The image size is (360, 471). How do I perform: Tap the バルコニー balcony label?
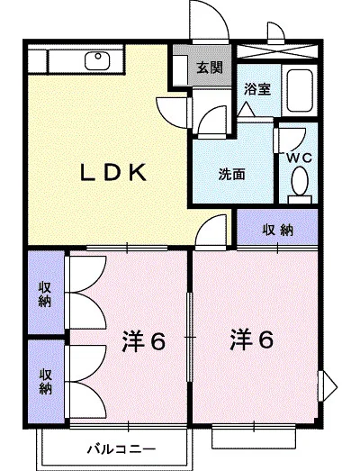click(122, 448)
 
